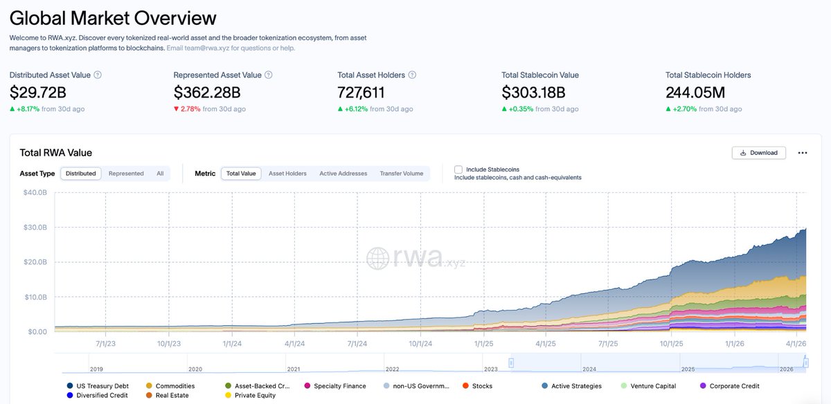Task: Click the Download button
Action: [758, 153]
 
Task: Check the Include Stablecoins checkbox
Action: [458, 169]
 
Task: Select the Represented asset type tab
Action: [126, 174]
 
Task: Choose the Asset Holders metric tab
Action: [287, 174]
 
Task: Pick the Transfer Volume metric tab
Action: [401, 174]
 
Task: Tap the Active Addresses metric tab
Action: [343, 174]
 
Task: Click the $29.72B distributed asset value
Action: [38, 92]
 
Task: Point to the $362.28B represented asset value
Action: [206, 92]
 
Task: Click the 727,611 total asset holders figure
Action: [361, 92]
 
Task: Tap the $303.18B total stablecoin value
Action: [533, 92]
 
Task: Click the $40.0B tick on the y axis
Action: [35, 192]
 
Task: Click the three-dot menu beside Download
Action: [803, 153]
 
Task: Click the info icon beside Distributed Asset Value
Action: [98, 75]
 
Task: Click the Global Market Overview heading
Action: [113, 17]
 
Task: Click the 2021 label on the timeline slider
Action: [293, 369]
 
